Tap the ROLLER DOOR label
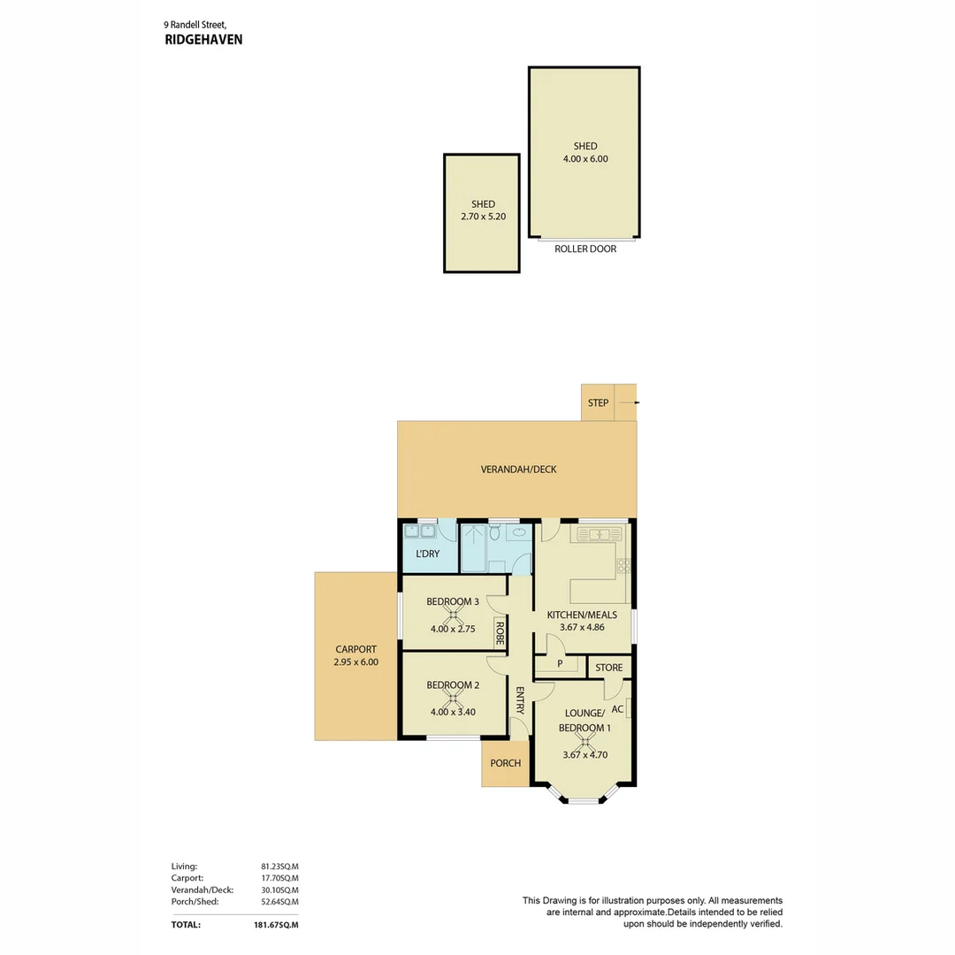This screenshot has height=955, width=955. pyautogui.click(x=584, y=249)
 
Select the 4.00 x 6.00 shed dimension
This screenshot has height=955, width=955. pyautogui.click(x=584, y=159)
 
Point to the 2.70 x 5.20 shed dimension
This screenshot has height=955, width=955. pyautogui.click(x=483, y=217)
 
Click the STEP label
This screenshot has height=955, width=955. pyautogui.click(x=599, y=403)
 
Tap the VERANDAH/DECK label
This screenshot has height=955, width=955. pyautogui.click(x=518, y=470)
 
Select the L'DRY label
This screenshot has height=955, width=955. pyautogui.click(x=427, y=554)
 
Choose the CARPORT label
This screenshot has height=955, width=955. pyautogui.click(x=355, y=647)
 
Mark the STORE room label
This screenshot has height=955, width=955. pyautogui.click(x=608, y=668)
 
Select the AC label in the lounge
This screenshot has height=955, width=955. pyautogui.click(x=617, y=709)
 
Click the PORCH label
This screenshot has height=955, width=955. pyautogui.click(x=505, y=764)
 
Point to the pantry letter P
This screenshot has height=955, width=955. pyautogui.click(x=560, y=664)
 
